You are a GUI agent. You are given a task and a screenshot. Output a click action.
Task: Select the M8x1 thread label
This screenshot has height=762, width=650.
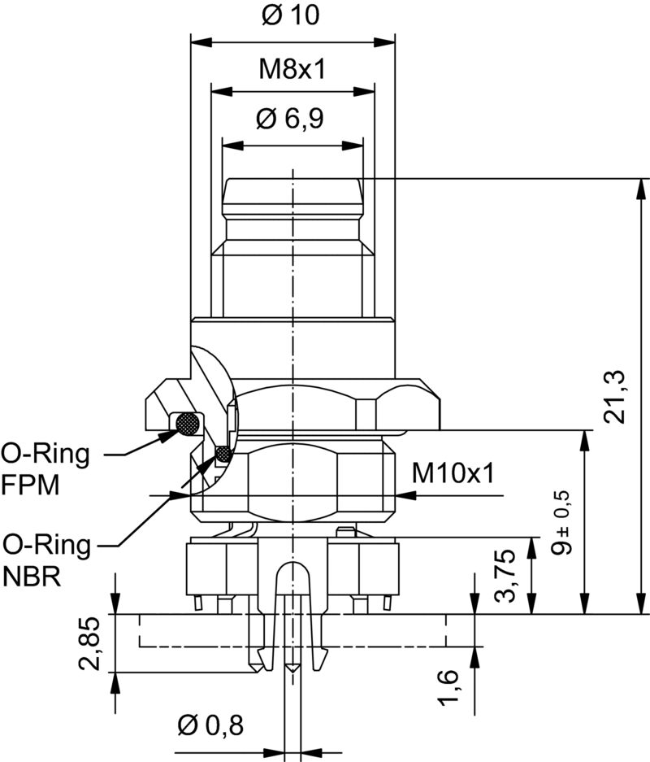[292, 69]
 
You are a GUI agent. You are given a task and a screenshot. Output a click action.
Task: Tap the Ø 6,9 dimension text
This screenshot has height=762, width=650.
[290, 120]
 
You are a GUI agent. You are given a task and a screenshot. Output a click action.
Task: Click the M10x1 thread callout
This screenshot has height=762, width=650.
[453, 472]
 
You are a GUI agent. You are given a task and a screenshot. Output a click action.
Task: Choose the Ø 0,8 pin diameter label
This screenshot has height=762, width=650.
[210, 724]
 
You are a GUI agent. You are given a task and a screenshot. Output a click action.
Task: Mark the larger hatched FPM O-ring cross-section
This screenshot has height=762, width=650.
[188, 422]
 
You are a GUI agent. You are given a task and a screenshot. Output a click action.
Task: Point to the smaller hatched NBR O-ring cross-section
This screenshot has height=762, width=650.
[222, 452]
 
